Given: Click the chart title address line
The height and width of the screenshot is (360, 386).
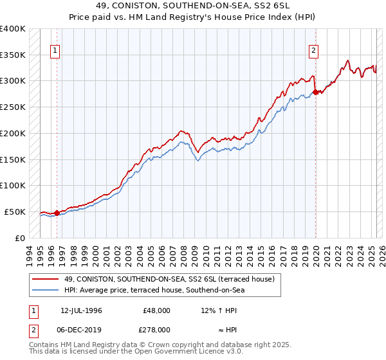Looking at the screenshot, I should pos(192,6).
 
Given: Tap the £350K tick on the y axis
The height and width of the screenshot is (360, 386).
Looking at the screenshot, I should pos(13,55).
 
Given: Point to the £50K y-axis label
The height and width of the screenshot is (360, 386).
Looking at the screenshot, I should pos(15,212).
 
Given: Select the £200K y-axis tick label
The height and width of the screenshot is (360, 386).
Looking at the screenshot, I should pos(13,133).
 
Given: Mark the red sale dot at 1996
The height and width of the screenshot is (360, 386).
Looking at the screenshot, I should pos(57,213).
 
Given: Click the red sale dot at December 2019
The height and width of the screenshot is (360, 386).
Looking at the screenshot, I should pos(316,93).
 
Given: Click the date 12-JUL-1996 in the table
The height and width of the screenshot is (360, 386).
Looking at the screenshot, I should pos(81,310).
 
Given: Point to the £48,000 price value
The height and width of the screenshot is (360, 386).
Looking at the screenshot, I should pos(157,310).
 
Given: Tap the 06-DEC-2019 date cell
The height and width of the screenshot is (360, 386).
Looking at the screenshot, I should pos(81,329).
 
